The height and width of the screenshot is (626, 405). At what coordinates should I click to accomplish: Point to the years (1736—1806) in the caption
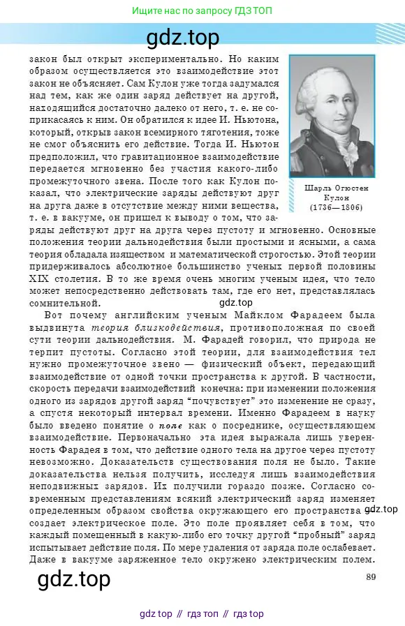pos(332,207)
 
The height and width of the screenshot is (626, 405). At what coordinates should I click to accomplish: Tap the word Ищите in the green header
pos(147,11)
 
